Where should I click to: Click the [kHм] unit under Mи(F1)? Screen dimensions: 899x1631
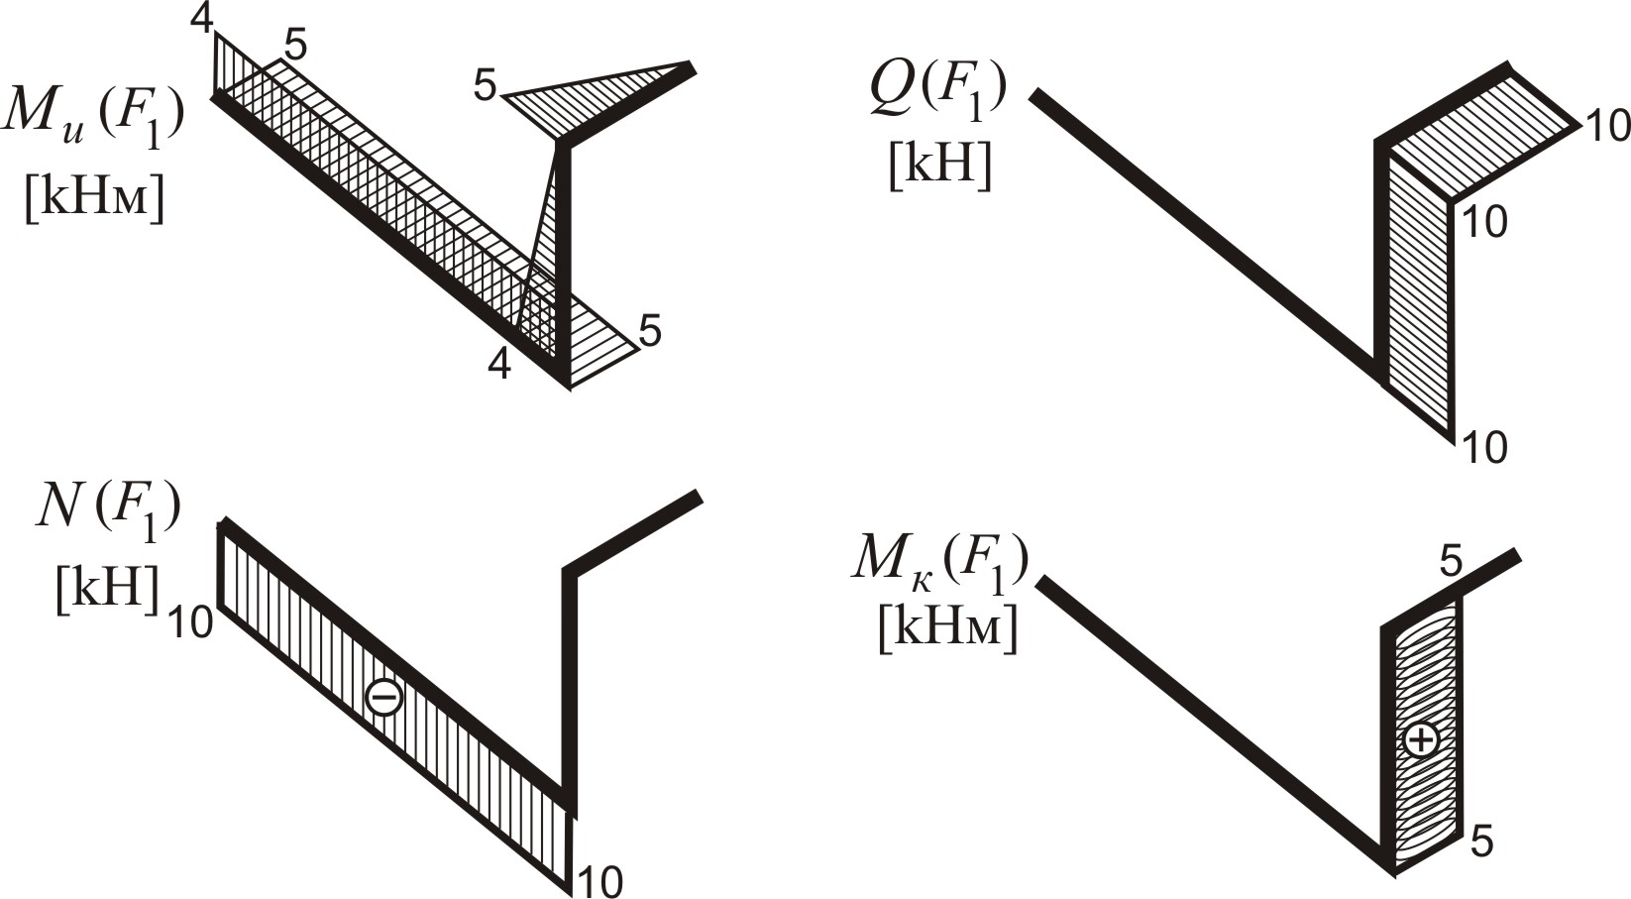(94, 198)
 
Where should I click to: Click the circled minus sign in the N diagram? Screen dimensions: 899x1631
(383, 697)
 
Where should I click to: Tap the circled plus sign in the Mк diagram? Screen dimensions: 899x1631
(1421, 739)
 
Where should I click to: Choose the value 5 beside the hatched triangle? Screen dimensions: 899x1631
(485, 86)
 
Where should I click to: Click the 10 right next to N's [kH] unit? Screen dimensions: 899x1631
(189, 623)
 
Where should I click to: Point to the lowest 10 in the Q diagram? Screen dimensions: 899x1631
(1484, 448)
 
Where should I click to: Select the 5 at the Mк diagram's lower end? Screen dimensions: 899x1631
(1481, 841)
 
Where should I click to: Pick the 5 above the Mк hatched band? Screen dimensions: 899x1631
(1451, 563)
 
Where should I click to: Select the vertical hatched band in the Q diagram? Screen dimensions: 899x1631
(1419, 297)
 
